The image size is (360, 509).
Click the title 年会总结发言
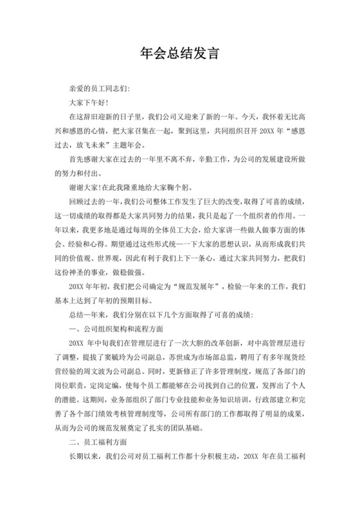pyautogui.click(x=180, y=53)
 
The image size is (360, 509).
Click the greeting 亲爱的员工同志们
pyautogui.click(x=98, y=88)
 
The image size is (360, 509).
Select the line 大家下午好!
pyautogui.click(x=89, y=103)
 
